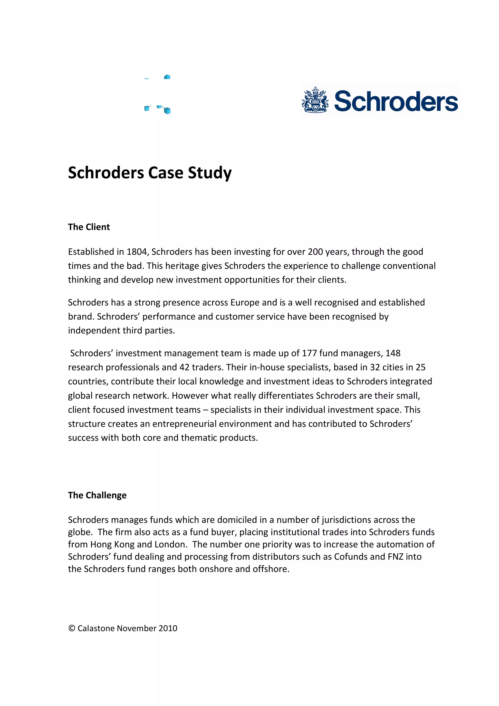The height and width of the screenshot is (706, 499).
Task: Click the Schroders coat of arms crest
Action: tap(315, 101)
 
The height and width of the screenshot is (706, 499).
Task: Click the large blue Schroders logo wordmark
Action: tap(396, 101)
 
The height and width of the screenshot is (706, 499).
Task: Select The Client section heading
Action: tap(89, 227)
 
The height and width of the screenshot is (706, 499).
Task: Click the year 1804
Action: tap(137, 252)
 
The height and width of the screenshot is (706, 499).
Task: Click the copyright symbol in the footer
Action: tap(72, 628)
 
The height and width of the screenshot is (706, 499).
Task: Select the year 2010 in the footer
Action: tap(168, 628)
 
